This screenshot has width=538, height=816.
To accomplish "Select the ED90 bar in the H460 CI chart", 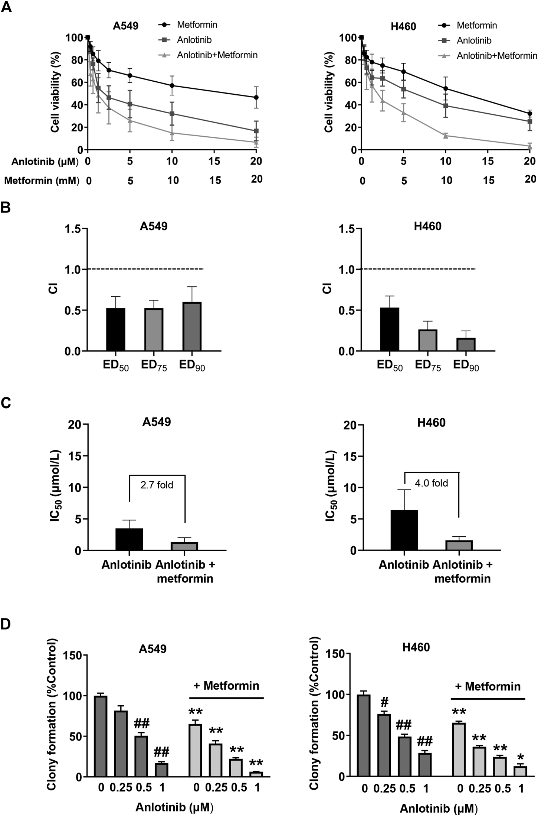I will [466, 344].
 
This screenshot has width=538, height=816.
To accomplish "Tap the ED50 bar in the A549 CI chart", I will [116, 329].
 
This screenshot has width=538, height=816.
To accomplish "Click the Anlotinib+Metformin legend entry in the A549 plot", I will [217, 55].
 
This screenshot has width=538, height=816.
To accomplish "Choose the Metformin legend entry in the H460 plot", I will [476, 25].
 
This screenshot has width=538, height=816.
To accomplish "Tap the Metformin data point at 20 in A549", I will [256, 97].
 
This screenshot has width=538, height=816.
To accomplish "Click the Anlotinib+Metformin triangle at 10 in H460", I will [446, 136].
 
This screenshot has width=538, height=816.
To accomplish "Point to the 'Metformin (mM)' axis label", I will [42, 181].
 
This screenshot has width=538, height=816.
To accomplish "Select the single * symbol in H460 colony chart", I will [521, 757].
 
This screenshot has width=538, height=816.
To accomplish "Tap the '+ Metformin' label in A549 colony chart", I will [226, 685].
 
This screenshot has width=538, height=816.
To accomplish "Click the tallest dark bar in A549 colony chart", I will [101, 736].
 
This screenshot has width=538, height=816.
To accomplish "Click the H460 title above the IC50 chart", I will [431, 423].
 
